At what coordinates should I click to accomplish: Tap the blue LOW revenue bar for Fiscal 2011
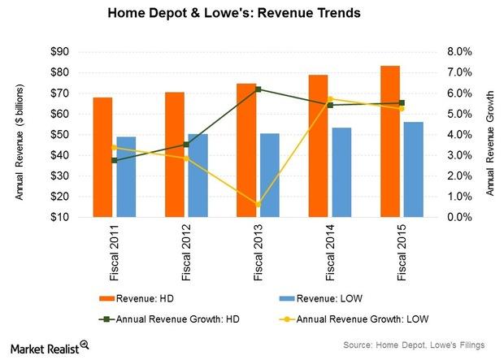pos(126,177)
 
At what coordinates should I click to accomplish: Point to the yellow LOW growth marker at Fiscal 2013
pos(258,204)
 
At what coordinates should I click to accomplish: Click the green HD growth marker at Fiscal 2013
pos(258,89)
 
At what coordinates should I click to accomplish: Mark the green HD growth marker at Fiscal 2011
pos(115,160)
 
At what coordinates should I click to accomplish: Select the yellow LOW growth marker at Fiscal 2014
pos(330,99)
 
